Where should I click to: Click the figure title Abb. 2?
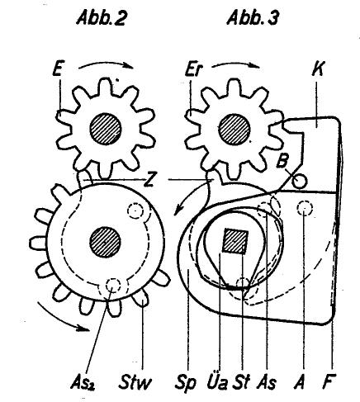[102, 19]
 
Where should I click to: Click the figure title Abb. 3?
[253, 19]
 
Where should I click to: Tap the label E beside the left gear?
[57, 69]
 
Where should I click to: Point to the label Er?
[193, 69]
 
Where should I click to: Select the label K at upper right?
[318, 69]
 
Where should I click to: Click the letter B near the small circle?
[282, 160]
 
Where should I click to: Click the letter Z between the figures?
[149, 181]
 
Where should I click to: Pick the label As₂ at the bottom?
[83, 382]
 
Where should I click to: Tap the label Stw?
[135, 382]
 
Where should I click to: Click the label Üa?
[217, 381]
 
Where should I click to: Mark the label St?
[242, 382]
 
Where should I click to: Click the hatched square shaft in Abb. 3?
[235, 241]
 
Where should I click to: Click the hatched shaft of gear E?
[105, 129]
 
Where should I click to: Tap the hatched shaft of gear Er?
[234, 129]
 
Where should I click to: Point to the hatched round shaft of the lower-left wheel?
[105, 243]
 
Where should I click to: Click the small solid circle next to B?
[300, 182]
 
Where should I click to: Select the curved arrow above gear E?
[106, 63]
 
